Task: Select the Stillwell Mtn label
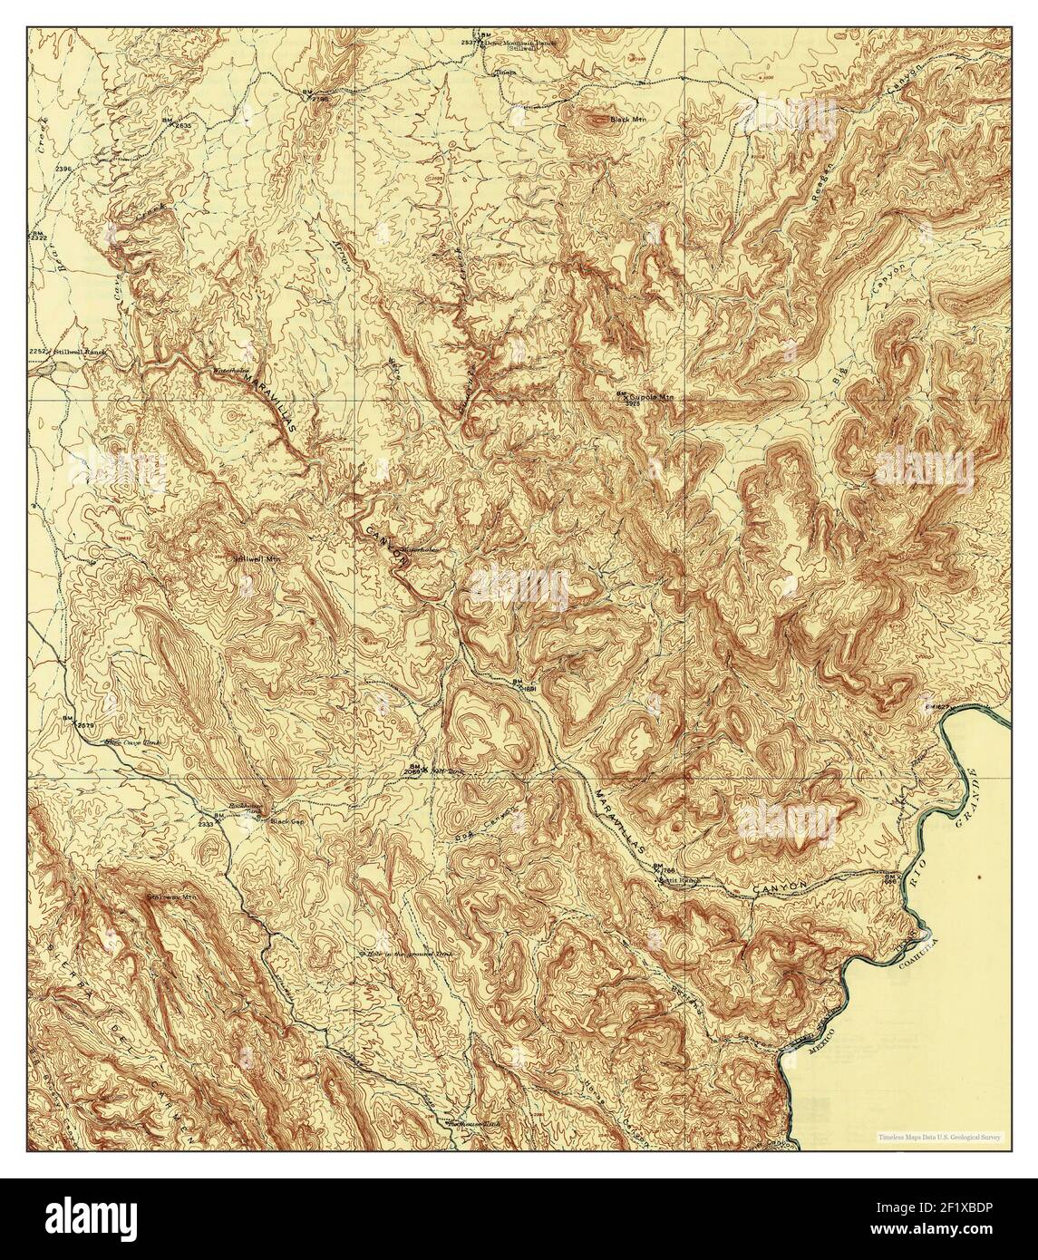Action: [254, 559]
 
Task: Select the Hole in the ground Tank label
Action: [406, 954]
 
